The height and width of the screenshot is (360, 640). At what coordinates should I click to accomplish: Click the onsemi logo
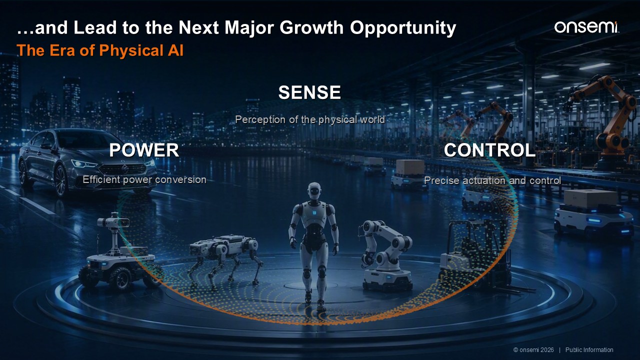(x=587, y=27)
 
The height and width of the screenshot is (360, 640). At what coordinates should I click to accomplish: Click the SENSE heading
(x=309, y=92)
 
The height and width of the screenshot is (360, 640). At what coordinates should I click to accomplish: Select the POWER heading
(x=144, y=150)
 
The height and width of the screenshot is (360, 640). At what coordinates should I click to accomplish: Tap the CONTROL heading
(x=489, y=150)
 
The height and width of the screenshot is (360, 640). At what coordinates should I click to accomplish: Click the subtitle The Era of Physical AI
(x=100, y=50)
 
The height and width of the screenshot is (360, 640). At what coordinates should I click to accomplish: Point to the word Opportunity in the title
(x=403, y=28)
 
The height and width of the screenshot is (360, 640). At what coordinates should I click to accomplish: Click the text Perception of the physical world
(x=310, y=119)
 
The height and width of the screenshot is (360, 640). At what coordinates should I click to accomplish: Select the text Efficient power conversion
(x=144, y=179)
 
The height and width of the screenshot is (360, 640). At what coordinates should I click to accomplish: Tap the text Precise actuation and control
(x=492, y=180)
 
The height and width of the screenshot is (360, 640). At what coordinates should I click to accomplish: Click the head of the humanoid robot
(x=314, y=191)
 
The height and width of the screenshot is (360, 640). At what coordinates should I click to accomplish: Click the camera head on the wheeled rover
(x=113, y=221)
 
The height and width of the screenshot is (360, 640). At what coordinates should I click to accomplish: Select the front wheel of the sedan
(x=61, y=180)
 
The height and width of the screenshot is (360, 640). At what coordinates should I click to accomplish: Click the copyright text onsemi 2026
(x=533, y=350)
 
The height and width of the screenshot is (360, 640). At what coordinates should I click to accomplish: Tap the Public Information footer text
(x=589, y=350)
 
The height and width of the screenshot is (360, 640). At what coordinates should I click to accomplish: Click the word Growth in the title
(x=311, y=27)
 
